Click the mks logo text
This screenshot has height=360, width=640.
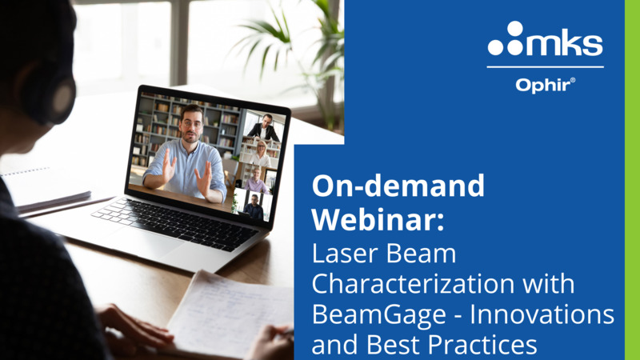[x=565, y=44]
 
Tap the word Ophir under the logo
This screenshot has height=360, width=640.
[x=543, y=86]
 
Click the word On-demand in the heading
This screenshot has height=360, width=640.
[x=398, y=186]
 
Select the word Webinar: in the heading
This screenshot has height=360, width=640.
[x=378, y=220]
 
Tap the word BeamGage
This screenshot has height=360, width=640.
[x=379, y=315]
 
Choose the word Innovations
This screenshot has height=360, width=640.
[x=542, y=314]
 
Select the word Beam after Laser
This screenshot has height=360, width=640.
[x=421, y=254]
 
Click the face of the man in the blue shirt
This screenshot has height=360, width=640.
[x=191, y=125]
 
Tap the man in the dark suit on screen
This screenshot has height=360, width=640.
[x=264, y=128]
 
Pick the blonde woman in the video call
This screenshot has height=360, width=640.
[x=261, y=154]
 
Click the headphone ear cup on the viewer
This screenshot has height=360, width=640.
[x=62, y=97]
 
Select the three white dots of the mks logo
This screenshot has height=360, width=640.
[x=506, y=38]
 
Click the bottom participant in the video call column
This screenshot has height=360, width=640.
[x=254, y=206]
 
